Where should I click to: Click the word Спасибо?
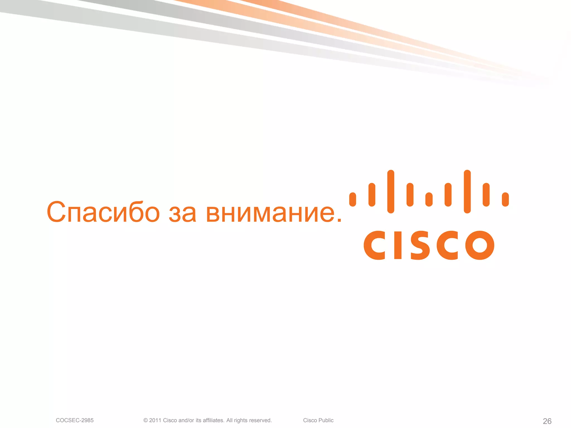point(103,212)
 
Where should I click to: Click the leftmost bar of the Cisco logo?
point(353,200)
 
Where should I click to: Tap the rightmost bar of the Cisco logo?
point(505,200)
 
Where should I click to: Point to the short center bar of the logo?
point(429,200)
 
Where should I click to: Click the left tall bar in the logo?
point(391,192)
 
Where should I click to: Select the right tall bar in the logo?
point(467,192)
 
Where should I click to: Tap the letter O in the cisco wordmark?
point(480,245)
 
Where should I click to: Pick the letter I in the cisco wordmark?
point(398,245)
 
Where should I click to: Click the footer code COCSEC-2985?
point(75,420)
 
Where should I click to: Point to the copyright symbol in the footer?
point(146,420)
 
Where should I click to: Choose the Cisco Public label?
point(318,420)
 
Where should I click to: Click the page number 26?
point(547,421)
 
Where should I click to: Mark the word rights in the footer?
point(241,420)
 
